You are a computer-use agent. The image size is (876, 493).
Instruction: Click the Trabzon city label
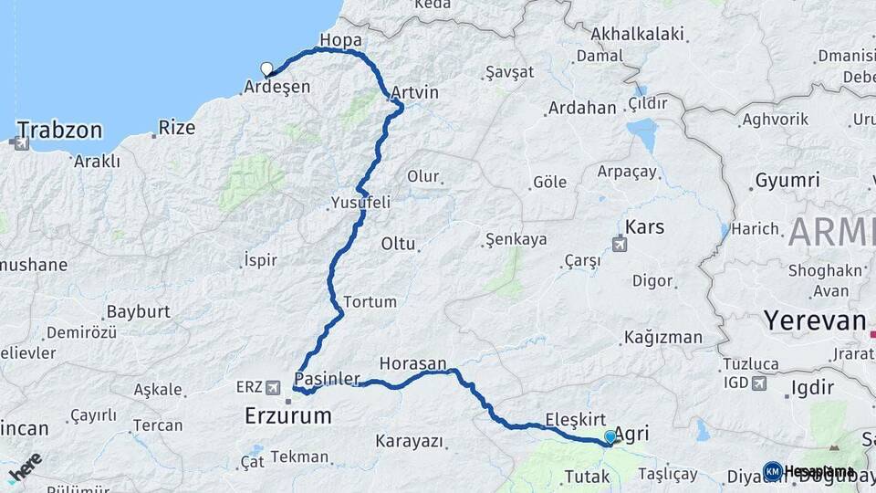point(59,130)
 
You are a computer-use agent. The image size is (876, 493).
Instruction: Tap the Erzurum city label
point(288,416)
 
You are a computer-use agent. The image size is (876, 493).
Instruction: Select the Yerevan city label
point(815,320)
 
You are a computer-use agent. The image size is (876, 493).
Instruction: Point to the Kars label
point(645,226)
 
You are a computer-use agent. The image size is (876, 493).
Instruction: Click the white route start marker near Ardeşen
point(267,68)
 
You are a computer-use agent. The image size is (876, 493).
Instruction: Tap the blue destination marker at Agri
point(610,438)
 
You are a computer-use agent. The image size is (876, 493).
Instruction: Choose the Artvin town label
point(415,93)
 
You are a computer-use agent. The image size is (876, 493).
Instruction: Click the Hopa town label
point(341,41)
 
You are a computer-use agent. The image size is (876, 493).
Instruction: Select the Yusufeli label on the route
point(361,203)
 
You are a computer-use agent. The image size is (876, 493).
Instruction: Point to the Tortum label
point(370,301)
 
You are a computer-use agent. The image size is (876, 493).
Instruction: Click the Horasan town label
point(413,362)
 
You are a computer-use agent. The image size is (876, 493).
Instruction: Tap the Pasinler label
point(328,378)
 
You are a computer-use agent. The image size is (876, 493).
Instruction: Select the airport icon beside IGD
point(759,383)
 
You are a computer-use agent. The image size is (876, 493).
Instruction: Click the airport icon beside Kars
point(620,244)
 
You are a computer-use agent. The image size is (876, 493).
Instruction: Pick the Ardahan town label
point(582,108)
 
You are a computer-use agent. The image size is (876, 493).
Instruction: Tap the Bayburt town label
point(139,311)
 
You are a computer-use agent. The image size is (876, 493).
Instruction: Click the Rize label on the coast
point(177,128)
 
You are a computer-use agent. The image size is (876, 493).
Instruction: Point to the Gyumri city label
point(787,181)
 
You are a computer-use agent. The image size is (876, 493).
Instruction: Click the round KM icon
point(772,471)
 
